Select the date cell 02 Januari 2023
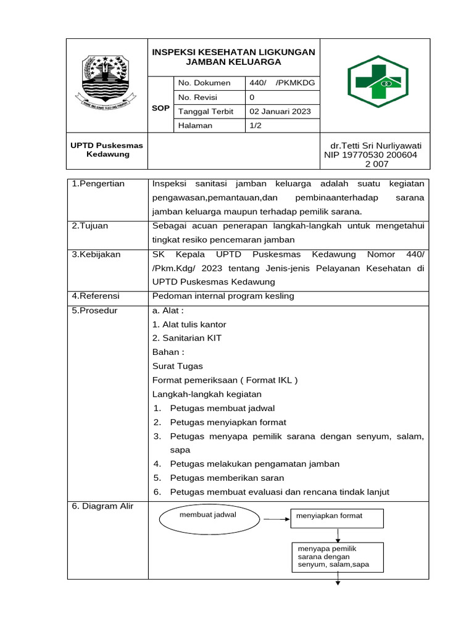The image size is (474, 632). click(x=280, y=112)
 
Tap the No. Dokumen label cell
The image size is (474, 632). click(x=204, y=83)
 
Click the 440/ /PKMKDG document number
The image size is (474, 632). click(x=282, y=83)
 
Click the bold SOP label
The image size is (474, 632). click(x=160, y=108)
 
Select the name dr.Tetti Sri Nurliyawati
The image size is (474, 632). click(x=376, y=146)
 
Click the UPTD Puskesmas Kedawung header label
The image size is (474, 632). click(x=107, y=150)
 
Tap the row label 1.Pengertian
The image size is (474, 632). click(x=99, y=184)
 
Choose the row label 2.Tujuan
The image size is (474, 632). click(x=90, y=226)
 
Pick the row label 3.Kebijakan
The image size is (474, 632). click(x=96, y=254)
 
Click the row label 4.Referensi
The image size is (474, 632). click(x=96, y=296)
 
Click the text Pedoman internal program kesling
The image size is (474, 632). click(x=223, y=296)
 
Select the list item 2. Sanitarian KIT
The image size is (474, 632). click(x=187, y=338)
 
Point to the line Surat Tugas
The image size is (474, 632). click(x=177, y=366)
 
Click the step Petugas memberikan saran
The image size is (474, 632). click(x=227, y=478)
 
